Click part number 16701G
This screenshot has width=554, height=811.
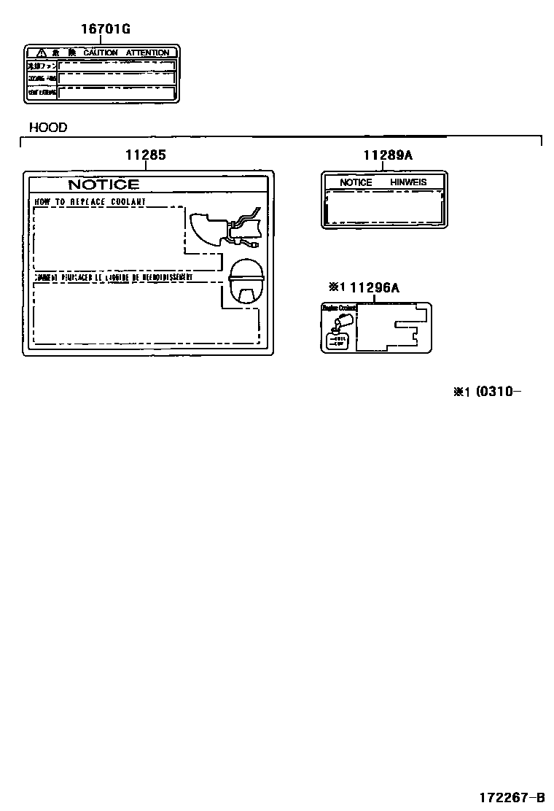point(106,29)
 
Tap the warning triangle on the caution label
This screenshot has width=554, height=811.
point(42,53)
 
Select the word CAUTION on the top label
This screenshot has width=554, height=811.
point(100,53)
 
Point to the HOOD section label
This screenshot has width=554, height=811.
point(48,128)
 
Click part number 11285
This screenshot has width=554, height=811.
point(145,155)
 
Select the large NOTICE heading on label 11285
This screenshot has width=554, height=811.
point(104,185)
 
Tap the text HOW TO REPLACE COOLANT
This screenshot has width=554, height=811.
point(90,201)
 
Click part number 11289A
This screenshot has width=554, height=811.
point(388,155)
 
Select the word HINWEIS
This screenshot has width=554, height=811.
point(408,182)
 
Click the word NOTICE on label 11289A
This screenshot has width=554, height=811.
point(356,182)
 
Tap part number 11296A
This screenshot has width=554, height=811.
point(374,287)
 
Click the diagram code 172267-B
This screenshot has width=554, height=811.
point(511,797)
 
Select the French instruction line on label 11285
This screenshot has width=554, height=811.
point(113,278)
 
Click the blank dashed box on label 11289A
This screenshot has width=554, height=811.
point(384,207)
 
